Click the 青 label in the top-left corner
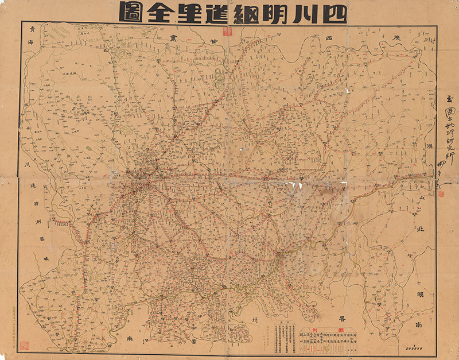[x=32, y=30]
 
